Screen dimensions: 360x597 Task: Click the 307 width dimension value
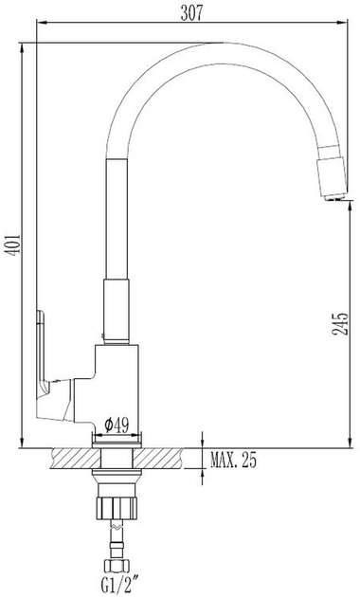[x=191, y=13]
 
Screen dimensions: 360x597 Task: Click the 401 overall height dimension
[x=14, y=245]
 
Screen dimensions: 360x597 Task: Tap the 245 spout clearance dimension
[x=340, y=324]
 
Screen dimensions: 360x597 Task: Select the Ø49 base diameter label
[x=117, y=425]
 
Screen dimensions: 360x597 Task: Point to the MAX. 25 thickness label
[x=234, y=461]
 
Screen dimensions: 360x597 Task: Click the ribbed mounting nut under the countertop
[x=116, y=508]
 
